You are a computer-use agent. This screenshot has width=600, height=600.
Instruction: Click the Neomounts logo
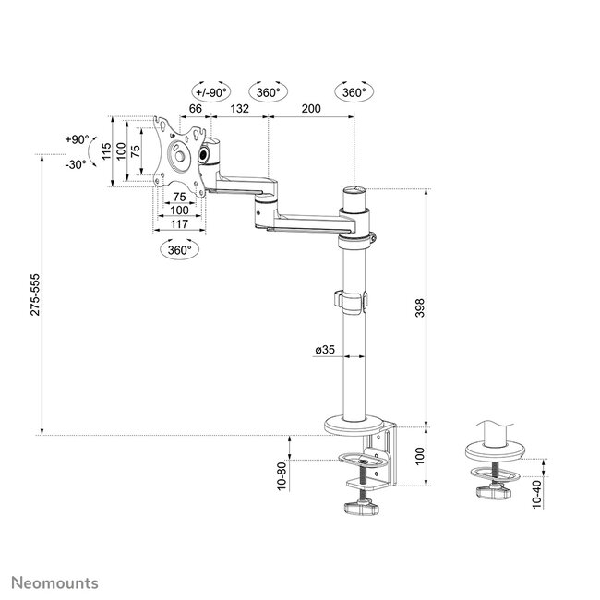coord(54,583)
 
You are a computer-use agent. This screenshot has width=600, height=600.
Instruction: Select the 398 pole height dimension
coord(420,307)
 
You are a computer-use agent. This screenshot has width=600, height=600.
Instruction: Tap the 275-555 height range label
coord(35,294)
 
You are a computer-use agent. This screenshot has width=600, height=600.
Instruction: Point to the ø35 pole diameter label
coord(325,349)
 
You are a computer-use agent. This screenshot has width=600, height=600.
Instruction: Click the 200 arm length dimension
coord(311,109)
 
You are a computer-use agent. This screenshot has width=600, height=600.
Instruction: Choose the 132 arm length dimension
coord(240,109)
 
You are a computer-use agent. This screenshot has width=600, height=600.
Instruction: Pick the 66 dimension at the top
coord(196,109)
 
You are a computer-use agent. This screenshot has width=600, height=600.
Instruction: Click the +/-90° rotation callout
coord(211,92)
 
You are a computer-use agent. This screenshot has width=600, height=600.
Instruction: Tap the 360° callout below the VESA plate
coord(179,250)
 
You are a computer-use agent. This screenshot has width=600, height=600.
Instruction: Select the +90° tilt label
coord(77,139)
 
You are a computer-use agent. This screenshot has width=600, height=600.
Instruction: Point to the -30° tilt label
coord(76,165)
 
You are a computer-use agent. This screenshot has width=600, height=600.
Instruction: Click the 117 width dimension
coord(179,224)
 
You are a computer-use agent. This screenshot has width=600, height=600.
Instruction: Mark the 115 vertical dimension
coord(106,151)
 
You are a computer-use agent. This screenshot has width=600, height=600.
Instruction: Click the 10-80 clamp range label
coord(282,476)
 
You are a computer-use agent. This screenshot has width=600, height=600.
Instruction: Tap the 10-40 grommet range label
coord(537,495)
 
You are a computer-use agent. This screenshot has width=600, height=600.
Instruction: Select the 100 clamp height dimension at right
coord(420,456)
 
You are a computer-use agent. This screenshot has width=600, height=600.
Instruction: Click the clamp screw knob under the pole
coord(361,509)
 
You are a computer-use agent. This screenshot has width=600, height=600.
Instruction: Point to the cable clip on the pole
coord(351,302)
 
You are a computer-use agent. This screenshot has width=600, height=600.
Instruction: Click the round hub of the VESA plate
coord(179,154)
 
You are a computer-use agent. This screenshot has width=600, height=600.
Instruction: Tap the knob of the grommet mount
coord(494,492)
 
